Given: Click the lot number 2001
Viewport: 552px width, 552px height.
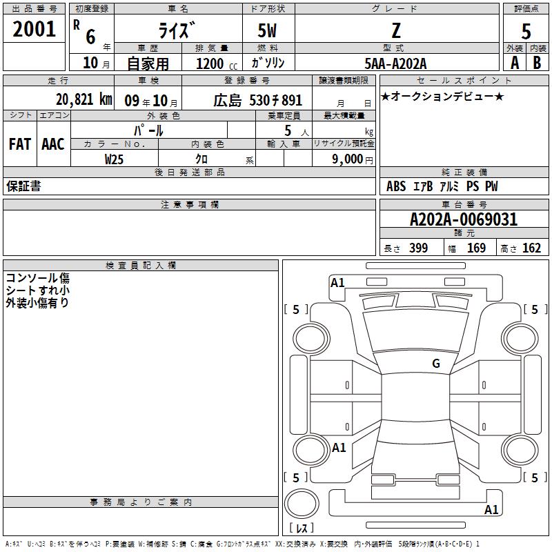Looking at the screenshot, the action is coord(34,29).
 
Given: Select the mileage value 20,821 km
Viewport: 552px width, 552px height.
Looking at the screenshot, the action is coord(84,99).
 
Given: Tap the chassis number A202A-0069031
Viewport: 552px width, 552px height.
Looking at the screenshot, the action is coord(464,219).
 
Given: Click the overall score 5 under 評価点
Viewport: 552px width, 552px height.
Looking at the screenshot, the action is coord(526,31).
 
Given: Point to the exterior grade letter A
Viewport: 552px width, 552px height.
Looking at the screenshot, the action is coord(515,63).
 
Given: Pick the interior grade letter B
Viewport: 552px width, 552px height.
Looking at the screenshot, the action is coord(537,63).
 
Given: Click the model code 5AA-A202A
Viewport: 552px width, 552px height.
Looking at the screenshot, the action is coord(395,63).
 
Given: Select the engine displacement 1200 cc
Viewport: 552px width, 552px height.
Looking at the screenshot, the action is coord(217,63).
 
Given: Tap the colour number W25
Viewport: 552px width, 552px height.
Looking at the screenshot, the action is coord(114,159).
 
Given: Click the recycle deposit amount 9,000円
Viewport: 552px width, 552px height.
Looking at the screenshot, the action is coord(353,159).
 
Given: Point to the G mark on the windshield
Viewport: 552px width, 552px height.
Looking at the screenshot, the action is coord(436,364).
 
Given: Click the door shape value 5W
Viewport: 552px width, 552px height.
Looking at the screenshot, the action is coord(267,30).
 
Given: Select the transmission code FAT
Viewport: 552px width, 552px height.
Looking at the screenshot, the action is coord(20,144).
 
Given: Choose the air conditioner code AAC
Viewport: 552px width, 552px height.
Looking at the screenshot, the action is coord(53,144).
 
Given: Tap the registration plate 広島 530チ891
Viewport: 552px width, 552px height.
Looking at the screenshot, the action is coord(257,101).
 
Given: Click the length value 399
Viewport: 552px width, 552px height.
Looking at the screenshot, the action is coord(418,248).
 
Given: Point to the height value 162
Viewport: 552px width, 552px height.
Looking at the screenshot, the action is coord(531,248).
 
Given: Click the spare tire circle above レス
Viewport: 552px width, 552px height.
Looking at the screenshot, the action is coord(302,504).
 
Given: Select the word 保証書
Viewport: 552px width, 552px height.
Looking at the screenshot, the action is coord(23,186).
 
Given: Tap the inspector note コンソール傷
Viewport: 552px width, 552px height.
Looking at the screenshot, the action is coord(38,278).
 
